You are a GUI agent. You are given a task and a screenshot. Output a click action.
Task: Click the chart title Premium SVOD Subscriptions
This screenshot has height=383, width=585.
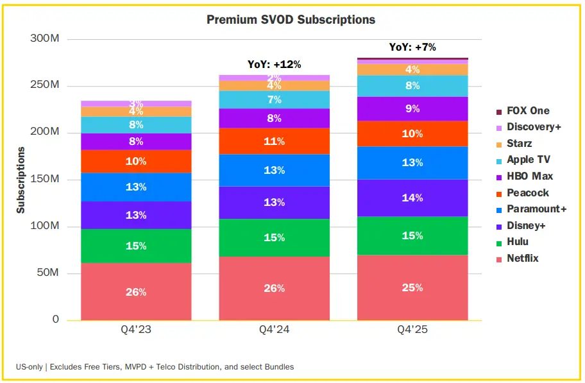(291, 20)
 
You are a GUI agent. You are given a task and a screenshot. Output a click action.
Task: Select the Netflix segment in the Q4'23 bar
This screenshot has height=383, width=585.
(136, 291)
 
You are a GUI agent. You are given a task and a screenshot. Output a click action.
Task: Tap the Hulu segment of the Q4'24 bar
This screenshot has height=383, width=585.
(274, 237)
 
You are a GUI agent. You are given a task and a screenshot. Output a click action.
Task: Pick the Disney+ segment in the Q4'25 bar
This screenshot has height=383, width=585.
(412, 198)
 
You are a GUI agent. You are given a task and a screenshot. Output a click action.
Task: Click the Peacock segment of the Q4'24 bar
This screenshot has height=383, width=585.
(274, 141)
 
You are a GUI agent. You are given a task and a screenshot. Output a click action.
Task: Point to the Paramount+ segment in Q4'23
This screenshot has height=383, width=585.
(136, 187)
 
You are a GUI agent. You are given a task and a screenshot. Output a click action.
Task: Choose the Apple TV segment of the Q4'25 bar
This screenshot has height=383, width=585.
(412, 85)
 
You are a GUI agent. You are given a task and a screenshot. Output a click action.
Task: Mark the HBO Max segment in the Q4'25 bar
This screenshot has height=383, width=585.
(412, 109)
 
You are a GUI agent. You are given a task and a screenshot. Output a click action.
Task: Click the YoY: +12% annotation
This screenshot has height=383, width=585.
(274, 64)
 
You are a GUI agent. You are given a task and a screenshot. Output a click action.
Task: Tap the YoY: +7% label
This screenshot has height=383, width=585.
(412, 47)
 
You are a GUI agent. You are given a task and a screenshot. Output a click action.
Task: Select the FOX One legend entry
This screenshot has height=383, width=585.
(527, 110)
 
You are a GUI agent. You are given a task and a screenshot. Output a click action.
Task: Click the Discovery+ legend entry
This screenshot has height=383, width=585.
(533, 127)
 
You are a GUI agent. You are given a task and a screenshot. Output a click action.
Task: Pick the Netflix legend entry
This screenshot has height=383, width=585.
(522, 258)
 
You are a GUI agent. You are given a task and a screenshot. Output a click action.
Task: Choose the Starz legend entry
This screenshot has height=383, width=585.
(519, 143)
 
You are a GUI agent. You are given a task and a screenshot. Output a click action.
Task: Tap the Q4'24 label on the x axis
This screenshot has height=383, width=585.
(274, 330)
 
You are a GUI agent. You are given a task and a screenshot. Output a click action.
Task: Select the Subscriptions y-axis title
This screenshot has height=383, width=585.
(21, 180)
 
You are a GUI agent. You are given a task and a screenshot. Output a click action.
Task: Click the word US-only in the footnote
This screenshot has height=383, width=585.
(30, 367)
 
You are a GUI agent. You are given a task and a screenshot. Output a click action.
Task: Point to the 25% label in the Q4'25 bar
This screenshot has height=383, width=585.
(412, 287)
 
